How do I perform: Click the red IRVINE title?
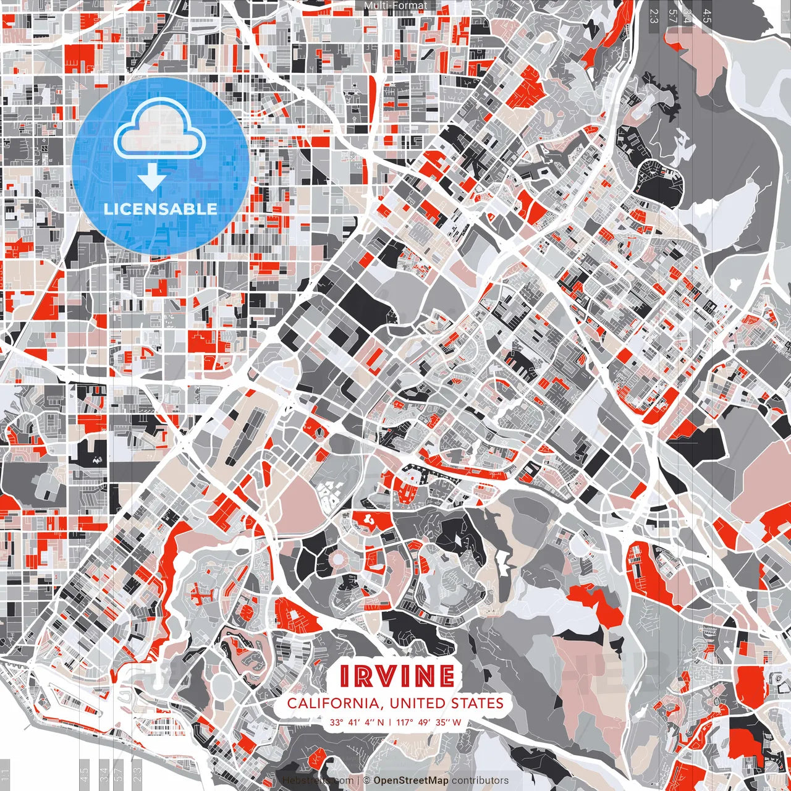397,676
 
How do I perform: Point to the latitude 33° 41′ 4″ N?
357,722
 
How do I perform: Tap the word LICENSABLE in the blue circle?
161,208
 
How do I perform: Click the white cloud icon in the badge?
160,129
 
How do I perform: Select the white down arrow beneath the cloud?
152,179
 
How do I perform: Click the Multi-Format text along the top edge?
395,6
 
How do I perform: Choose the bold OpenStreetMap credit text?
411,780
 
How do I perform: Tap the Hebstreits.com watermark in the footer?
318,780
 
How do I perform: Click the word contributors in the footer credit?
480,780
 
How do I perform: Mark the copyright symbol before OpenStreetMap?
366,780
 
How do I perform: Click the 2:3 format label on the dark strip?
653,16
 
